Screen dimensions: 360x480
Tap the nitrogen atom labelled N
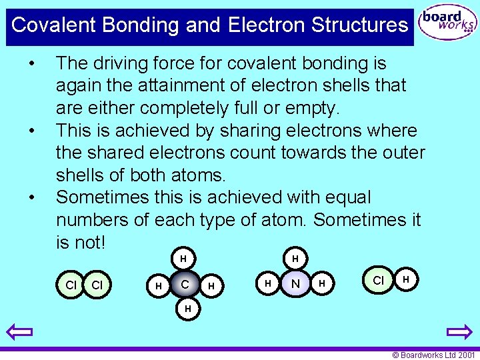(295, 284)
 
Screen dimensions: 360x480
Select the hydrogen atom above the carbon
(183, 258)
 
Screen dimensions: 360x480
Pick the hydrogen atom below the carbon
(187, 309)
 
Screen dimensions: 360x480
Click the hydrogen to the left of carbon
(158, 285)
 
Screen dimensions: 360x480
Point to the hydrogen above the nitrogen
(295, 258)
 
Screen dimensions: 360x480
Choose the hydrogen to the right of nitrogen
(323, 285)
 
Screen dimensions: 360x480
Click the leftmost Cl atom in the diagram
(71, 285)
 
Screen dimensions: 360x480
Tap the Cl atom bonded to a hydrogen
(378, 280)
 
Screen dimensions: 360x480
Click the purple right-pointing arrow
(459, 331)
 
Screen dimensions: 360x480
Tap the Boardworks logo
(447, 24)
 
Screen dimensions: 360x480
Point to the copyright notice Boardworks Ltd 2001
(433, 355)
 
